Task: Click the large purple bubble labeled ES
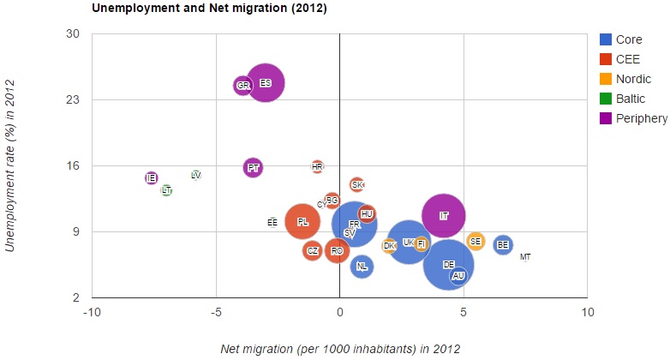266,83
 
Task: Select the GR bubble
242,86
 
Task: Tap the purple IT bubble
444,216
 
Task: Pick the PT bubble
253,168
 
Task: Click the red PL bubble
302,222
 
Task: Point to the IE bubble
152,178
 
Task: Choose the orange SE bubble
476,242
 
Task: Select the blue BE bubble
503,245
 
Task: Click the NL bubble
362,267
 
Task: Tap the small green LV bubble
196,175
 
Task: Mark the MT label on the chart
525,257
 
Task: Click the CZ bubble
313,251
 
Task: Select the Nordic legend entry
633,80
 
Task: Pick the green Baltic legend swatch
606,99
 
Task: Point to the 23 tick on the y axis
73,100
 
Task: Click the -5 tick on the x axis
216,312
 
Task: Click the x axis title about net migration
340,348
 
